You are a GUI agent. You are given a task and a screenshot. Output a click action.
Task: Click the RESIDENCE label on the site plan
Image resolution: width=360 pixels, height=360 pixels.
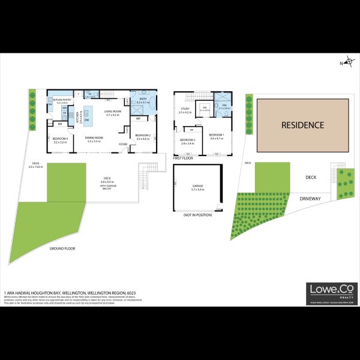coord(303,125)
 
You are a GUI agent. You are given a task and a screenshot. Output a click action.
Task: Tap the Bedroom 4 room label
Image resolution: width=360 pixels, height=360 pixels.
coord(61,139)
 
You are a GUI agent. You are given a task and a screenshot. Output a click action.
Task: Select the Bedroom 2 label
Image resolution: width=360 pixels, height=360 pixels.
coord(143,137)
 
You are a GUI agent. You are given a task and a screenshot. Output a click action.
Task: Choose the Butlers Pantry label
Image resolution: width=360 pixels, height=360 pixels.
coord(62,100)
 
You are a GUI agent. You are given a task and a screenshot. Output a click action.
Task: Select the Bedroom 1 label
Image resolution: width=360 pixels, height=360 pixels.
coord(216,136)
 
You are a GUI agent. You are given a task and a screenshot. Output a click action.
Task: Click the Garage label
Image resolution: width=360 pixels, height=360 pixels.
coord(197,186)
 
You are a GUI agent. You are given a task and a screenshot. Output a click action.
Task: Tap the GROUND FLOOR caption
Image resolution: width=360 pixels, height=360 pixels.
coord(62,248)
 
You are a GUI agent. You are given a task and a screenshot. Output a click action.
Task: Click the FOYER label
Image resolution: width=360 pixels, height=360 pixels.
coord(122,144)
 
